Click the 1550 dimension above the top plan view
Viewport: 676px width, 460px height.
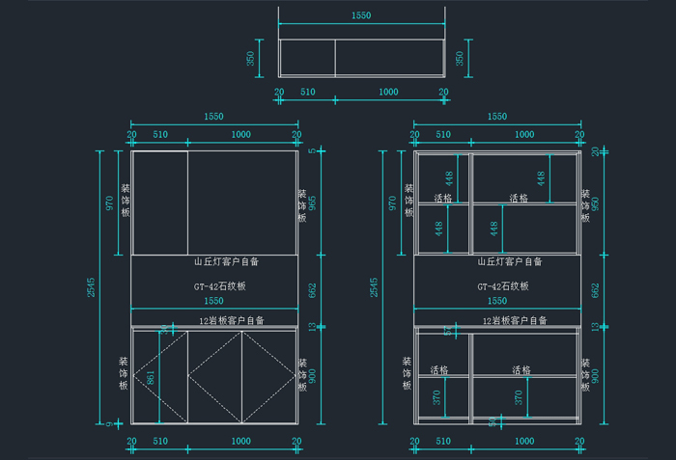361,16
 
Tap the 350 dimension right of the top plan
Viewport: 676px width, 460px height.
460,58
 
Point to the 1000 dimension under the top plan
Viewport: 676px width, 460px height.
388,92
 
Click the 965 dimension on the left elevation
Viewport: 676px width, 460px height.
312,204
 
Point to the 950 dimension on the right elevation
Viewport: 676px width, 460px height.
596,204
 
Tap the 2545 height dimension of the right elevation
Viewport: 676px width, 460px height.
375,286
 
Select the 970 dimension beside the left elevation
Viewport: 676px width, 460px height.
109,203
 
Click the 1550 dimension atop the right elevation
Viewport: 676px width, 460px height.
496,117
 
